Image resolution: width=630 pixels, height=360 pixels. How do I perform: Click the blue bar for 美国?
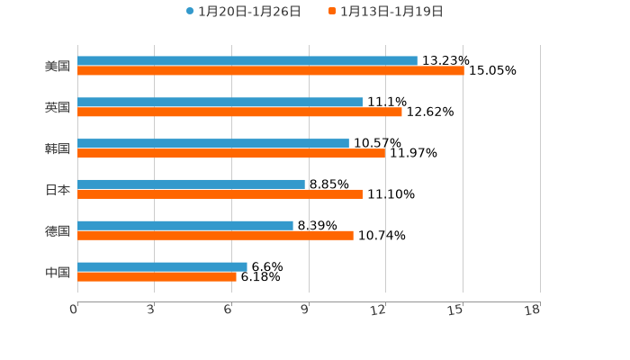point(247,61)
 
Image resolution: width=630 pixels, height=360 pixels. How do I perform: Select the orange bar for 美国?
point(270,71)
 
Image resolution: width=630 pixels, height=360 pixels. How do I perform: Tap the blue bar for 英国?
point(220,103)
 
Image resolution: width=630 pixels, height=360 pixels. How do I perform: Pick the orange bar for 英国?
point(239,112)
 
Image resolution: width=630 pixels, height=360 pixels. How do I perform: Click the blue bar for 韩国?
point(213,144)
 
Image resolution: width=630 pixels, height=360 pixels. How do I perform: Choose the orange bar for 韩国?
point(231,154)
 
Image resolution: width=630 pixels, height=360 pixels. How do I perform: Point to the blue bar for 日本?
point(191,184)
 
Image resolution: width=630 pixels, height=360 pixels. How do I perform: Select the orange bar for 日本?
point(220,194)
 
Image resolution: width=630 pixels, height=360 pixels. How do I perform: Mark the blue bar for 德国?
point(185,226)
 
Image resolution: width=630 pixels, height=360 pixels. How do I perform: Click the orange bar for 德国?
point(215,236)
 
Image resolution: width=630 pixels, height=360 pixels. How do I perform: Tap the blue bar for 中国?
point(162,267)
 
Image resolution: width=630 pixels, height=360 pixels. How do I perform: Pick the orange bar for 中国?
point(157,277)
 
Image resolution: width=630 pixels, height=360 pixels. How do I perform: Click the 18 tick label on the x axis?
point(534,310)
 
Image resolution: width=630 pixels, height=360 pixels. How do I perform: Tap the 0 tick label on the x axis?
point(74,310)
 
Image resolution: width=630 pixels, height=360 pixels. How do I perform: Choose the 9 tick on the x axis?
point(304,310)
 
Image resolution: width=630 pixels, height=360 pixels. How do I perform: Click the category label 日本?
point(58,190)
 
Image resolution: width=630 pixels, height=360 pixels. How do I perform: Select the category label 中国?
point(58,273)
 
